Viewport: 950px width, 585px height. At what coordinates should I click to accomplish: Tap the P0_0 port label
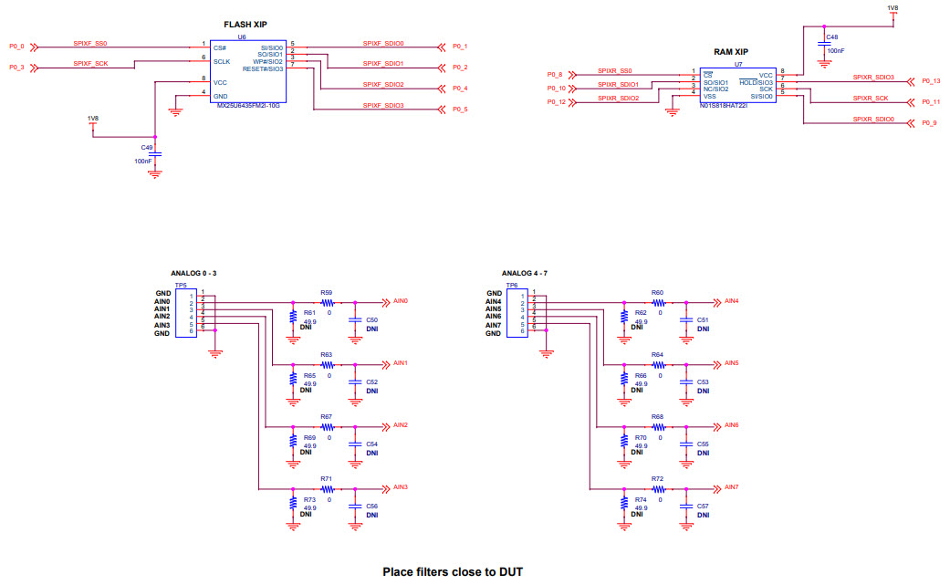click(x=16, y=45)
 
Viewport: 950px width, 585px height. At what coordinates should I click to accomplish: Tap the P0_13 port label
click(x=930, y=81)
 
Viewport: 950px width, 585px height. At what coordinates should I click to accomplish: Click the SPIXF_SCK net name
click(x=90, y=63)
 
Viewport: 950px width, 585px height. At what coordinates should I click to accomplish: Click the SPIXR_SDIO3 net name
click(x=873, y=78)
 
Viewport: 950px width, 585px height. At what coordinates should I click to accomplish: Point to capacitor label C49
click(x=147, y=146)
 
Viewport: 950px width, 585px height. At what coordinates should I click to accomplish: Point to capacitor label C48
click(x=832, y=37)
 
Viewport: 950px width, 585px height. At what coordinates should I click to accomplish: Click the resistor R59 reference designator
click(x=326, y=293)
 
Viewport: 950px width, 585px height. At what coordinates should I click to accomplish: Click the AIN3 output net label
click(x=400, y=487)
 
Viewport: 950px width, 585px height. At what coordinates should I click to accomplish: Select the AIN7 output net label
click(x=731, y=487)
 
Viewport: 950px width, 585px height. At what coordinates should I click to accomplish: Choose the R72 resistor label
click(x=657, y=479)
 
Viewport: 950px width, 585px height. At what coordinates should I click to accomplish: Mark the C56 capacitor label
click(x=371, y=506)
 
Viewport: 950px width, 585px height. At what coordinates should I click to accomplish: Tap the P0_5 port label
click(x=460, y=110)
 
